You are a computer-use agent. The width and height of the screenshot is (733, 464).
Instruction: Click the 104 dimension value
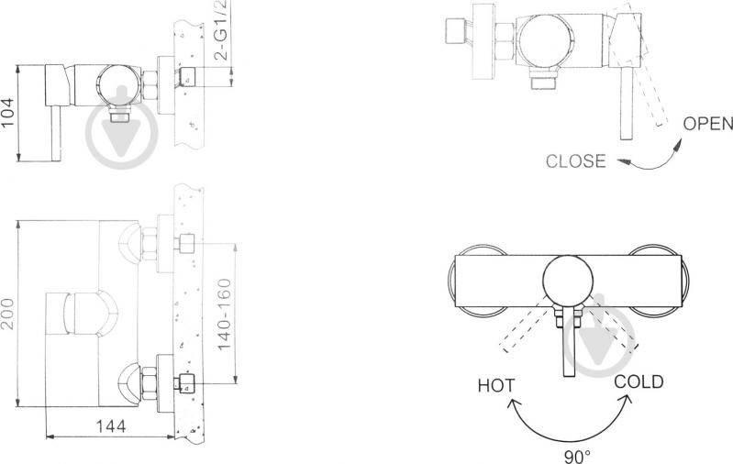[8, 113]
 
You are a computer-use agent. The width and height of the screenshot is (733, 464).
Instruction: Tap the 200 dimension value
[8, 314]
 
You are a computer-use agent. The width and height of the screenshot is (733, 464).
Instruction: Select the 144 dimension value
[111, 426]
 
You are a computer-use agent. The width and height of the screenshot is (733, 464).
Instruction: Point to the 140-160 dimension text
[225, 314]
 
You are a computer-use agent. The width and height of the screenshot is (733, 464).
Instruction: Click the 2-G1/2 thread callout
[221, 29]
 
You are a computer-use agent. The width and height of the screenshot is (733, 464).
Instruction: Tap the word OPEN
[707, 124]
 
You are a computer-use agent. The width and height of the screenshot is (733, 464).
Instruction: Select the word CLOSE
[575, 161]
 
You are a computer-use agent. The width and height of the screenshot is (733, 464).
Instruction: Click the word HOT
[496, 385]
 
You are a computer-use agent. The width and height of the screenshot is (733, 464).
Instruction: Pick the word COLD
[639, 381]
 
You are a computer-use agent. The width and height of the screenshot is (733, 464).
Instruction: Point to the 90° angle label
[577, 456]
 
